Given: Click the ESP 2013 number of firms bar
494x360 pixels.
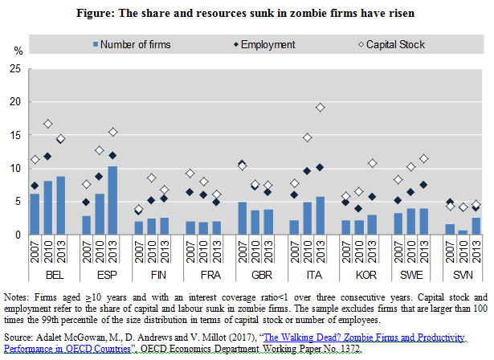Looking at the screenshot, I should tap(112, 200).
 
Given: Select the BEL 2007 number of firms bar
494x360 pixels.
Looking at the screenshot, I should tap(35, 214).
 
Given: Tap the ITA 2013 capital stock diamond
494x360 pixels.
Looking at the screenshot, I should tap(320, 108).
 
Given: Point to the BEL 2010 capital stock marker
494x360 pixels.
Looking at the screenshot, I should tap(47, 124).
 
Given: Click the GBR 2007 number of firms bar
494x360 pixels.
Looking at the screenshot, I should tap(243, 218).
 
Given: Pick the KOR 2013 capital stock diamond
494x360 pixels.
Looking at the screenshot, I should tap(373, 163).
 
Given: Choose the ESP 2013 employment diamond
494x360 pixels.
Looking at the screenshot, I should tap(112, 155).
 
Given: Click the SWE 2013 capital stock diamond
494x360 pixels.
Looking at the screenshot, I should tap(424, 158).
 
